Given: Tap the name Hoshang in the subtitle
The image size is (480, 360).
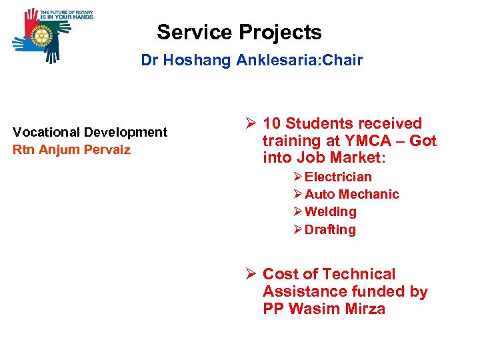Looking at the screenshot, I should pyautogui.click(x=199, y=61).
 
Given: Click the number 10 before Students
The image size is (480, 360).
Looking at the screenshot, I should pyautogui.click(x=271, y=123).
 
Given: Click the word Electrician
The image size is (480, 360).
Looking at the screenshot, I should pyautogui.click(x=338, y=177).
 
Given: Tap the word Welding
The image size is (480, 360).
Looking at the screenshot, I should pyautogui.click(x=330, y=211).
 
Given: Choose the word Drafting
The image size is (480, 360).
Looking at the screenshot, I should pyautogui.click(x=330, y=229).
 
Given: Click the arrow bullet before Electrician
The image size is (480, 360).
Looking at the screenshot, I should pyautogui.click(x=298, y=177).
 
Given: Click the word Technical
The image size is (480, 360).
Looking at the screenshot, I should pyautogui.click(x=359, y=274).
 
